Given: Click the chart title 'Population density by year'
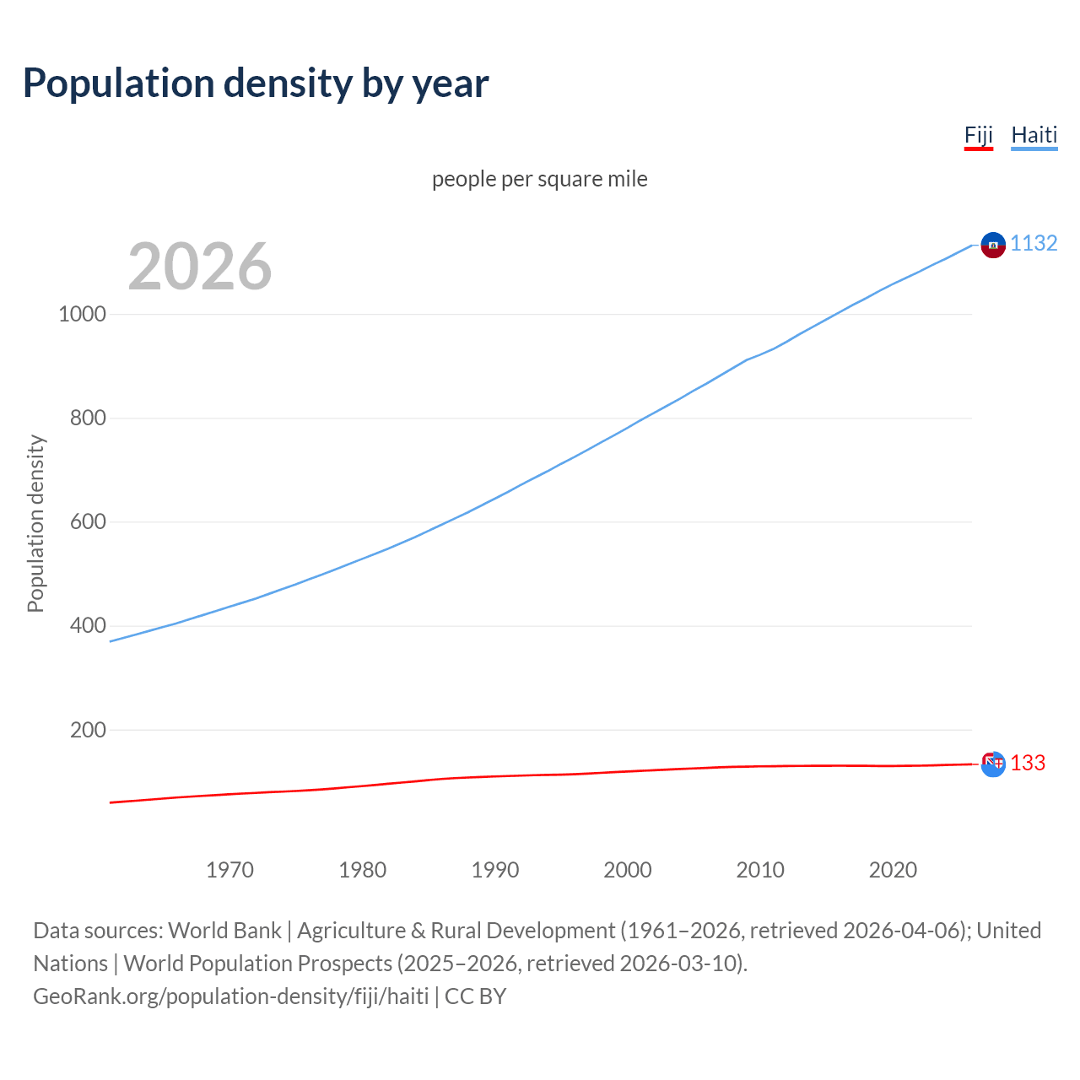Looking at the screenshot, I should (x=256, y=83).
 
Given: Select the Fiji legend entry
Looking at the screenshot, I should (x=978, y=135).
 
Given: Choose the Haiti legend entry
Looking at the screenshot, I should (x=1034, y=135).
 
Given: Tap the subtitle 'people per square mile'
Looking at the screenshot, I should (x=540, y=179).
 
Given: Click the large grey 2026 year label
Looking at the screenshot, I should (x=200, y=266).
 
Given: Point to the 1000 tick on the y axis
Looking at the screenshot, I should (x=83, y=314).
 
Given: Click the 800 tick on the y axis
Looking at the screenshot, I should (x=88, y=418).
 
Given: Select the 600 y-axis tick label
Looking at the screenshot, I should (x=88, y=521).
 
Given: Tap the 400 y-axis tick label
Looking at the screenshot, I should (x=88, y=625).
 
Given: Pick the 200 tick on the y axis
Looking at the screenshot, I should (x=88, y=730).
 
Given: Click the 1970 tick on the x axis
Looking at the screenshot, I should (x=229, y=870).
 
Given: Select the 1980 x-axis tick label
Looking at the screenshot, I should (x=362, y=870).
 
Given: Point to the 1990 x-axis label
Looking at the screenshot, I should (x=495, y=870).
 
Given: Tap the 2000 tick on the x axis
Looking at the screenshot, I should (x=628, y=870).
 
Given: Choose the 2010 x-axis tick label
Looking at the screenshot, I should (x=760, y=870).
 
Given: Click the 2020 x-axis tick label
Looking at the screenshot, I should (x=893, y=870).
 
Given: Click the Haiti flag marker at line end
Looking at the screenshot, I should (x=993, y=245).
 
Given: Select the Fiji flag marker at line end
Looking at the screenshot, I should (x=993, y=764).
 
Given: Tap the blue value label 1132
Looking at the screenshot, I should (x=1034, y=243).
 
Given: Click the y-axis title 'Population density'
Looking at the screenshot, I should (x=35, y=523).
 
